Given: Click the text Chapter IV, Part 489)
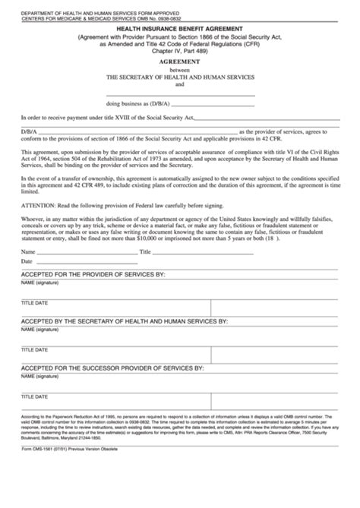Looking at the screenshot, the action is [180, 54].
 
